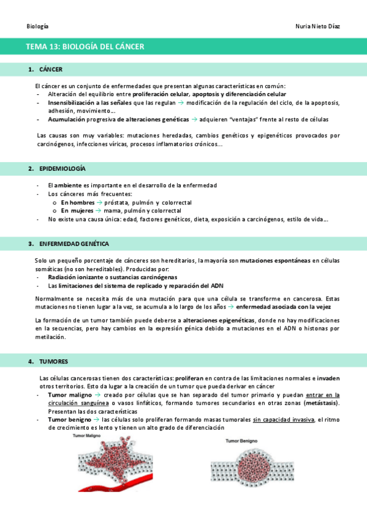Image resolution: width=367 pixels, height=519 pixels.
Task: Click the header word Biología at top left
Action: tap(38, 27)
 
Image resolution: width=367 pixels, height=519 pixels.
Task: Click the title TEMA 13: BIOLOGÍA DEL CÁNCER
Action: tap(85, 47)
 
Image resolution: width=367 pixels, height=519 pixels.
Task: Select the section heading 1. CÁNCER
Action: tap(46, 69)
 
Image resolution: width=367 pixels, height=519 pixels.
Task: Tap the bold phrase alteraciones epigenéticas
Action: tap(218, 321)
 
